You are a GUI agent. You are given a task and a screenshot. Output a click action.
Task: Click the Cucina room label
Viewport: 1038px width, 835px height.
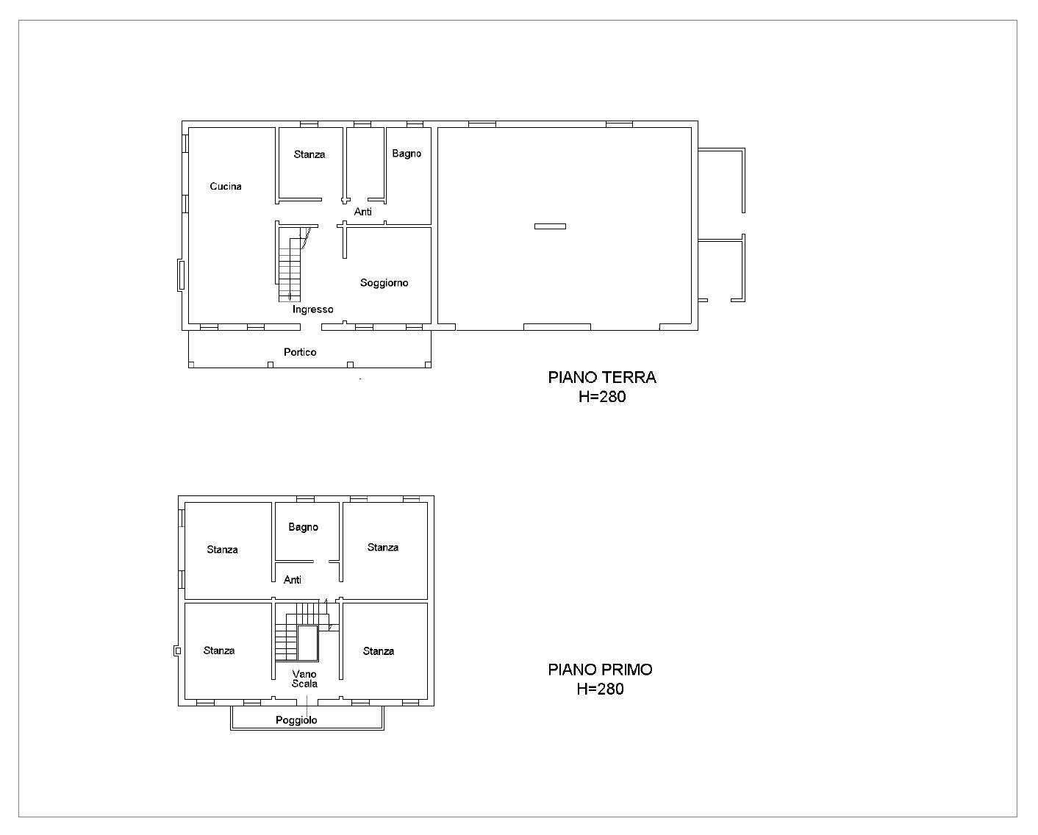225,186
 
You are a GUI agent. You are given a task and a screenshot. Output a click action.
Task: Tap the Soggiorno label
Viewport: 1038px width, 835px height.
384,283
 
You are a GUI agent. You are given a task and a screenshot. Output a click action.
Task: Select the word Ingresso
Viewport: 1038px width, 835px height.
312,309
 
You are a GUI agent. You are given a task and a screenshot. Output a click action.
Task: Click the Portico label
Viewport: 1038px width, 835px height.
299,352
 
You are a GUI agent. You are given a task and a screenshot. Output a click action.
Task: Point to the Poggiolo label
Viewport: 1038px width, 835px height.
296,720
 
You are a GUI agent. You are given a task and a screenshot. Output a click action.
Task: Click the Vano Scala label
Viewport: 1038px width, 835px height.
304,678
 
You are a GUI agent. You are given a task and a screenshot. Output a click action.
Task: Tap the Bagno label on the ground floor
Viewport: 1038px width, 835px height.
406,154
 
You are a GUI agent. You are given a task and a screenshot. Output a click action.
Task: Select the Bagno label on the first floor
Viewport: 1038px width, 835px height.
303,527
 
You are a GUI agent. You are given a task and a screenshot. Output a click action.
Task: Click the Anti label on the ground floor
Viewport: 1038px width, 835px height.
362,211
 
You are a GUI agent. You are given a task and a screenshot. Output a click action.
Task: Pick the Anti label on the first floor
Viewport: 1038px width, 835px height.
293,580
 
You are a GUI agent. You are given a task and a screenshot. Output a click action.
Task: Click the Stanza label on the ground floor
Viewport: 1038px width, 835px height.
309,154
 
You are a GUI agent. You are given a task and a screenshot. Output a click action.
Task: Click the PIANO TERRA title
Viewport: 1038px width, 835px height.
602,377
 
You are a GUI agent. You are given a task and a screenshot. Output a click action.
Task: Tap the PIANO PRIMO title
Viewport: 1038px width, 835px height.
600,670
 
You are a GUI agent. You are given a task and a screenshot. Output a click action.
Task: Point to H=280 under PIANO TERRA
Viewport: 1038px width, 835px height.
602,396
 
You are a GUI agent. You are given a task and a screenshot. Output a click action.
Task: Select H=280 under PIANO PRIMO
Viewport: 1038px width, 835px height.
600,689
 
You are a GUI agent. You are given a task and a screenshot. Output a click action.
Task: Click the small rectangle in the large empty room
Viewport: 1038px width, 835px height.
550,226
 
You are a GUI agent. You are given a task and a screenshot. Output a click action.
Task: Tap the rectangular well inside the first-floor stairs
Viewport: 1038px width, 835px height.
307,643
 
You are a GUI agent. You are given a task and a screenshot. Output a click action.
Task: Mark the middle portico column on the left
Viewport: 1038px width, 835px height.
270,365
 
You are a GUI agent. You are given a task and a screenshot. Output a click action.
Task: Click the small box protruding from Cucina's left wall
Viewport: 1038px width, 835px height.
181,275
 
